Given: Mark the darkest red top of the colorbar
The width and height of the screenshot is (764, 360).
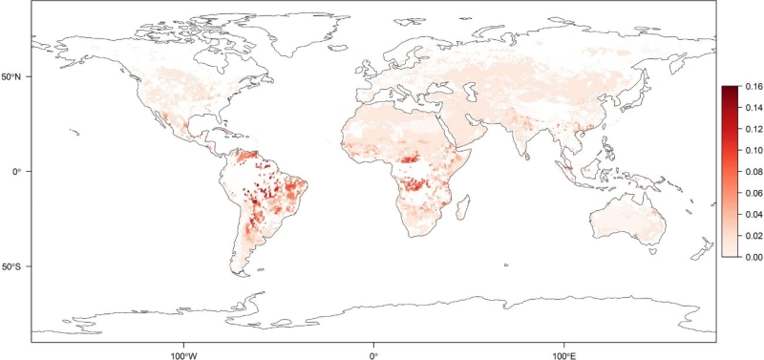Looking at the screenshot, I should (x=729, y=89).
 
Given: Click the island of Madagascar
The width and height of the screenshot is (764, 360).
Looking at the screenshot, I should (x=462, y=205).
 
